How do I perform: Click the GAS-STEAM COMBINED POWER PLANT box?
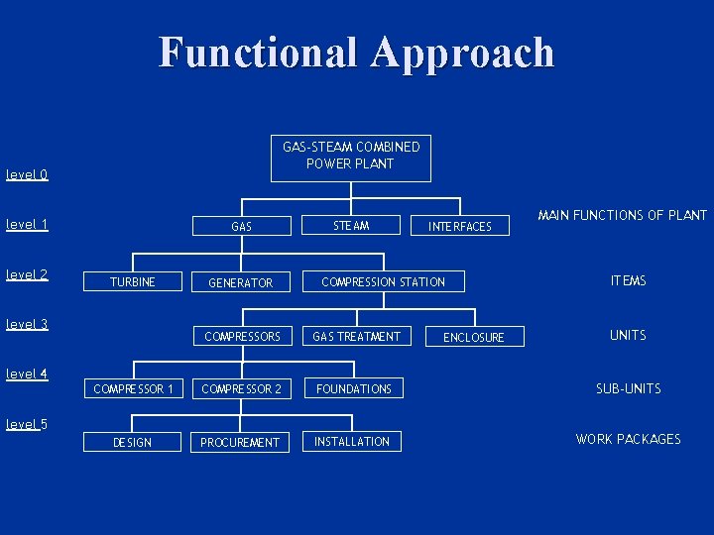point(351,157)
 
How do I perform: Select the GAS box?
point(241,227)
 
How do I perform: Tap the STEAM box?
point(351,226)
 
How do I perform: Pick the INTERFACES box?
point(459,227)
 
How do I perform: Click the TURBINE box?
point(133,282)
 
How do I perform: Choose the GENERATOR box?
point(240,283)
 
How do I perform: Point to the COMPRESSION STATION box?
point(383,282)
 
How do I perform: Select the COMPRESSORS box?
point(242,337)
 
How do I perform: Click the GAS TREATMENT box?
point(356,337)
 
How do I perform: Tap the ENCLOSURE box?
point(473,338)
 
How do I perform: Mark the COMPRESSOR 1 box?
point(133,389)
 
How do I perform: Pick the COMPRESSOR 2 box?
point(241,389)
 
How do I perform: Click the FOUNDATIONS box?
point(355,389)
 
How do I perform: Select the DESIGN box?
point(133,442)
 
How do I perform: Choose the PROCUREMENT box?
point(240,442)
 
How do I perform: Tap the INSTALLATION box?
point(352,441)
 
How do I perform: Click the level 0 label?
point(27,175)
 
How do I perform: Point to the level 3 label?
point(27,324)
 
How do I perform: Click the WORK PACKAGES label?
point(628,439)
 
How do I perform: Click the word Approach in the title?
point(463,53)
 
